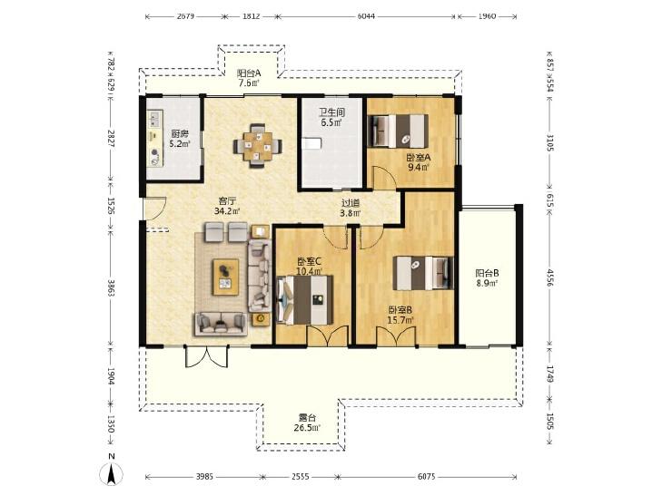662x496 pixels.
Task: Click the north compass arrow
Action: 112,473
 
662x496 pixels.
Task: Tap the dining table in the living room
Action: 258,146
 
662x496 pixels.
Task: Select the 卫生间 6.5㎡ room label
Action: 331,117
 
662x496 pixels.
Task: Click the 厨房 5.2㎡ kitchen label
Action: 180,139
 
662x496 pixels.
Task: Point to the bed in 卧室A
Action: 398,131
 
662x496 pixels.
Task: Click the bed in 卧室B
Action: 423,273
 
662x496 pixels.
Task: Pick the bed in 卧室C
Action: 304,299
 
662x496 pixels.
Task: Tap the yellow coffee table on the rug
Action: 225,277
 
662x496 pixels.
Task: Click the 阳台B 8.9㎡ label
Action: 488,277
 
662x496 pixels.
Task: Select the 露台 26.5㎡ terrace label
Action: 307,423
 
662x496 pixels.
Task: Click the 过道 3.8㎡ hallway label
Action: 351,208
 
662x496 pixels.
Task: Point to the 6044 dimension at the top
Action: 366,16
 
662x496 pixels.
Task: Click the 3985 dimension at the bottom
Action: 204,477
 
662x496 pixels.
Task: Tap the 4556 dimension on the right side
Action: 549,277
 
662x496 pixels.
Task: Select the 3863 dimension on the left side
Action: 111,287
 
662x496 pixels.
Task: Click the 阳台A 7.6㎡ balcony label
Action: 249,78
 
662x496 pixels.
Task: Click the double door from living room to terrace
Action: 208,356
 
